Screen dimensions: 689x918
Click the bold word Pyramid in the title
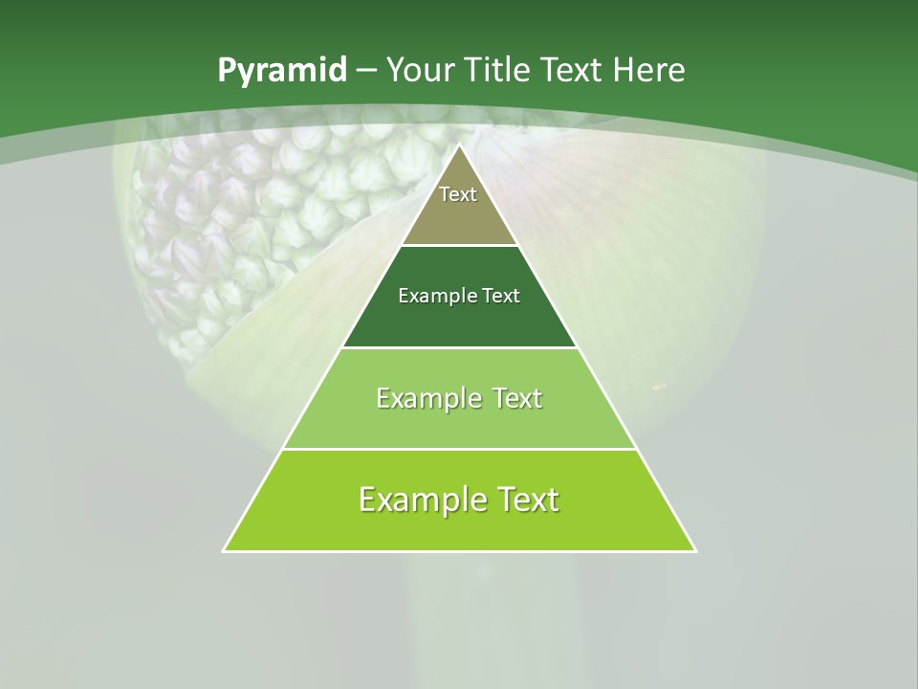pyautogui.click(x=281, y=71)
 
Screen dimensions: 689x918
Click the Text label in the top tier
pyautogui.click(x=458, y=194)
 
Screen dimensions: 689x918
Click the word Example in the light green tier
pyautogui.click(x=426, y=398)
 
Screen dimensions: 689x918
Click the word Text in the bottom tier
pyautogui.click(x=527, y=500)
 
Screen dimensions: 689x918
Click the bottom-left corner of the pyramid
pyautogui.click(x=225, y=550)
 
